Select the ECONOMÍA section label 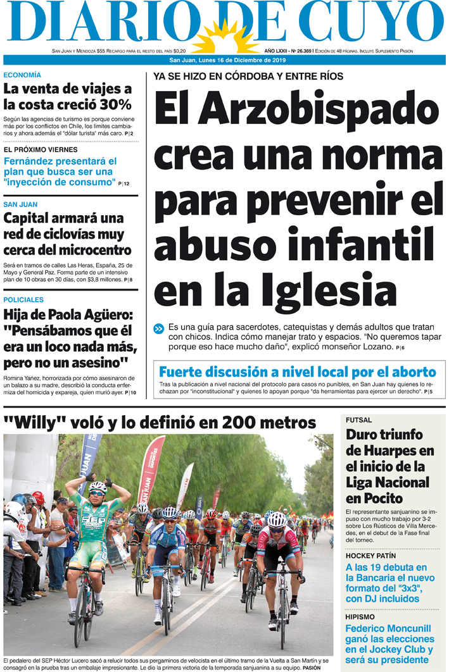[x=22, y=75]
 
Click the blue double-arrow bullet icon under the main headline [x=159, y=328]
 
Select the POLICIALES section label [x=23, y=300]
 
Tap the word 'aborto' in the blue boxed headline [x=413, y=372]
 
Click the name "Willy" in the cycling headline [x=26, y=421]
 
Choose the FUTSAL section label [x=359, y=420]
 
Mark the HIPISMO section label [x=360, y=616]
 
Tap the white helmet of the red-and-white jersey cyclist [x=277, y=520]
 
